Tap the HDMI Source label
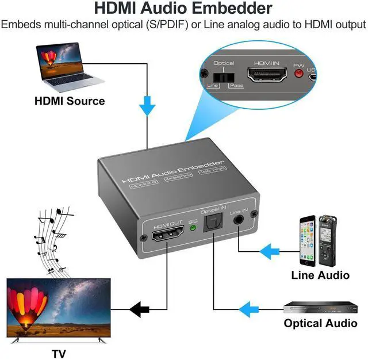(70, 101)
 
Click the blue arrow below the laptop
(148, 105)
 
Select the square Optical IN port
(215, 225)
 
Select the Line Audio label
(320, 275)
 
